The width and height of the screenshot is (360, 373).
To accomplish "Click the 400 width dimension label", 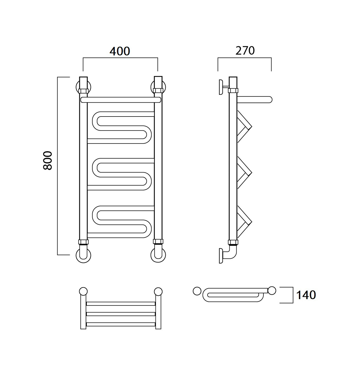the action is click(x=120, y=51).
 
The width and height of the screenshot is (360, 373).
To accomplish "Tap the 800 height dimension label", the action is click(x=47, y=161).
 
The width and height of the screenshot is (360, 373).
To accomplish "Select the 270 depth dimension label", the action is click(x=245, y=51).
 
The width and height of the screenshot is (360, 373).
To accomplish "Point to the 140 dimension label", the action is click(x=306, y=295).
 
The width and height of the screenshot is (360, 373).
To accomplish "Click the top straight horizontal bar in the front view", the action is click(x=121, y=100).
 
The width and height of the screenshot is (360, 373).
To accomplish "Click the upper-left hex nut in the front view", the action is click(x=83, y=91).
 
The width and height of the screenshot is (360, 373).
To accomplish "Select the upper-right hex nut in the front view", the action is click(x=158, y=91).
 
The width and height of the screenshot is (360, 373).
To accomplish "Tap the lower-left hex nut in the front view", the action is click(x=83, y=242).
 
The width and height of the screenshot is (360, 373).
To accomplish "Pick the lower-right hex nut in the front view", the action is click(x=158, y=241).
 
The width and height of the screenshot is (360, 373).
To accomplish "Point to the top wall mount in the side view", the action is click(x=224, y=87).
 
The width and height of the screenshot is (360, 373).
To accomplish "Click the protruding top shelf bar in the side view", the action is click(x=255, y=100).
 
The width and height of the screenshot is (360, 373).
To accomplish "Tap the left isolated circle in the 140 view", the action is click(x=197, y=291).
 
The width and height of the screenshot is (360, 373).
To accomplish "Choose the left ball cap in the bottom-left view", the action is click(x=83, y=292).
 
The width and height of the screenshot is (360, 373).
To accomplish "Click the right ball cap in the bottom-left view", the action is click(x=158, y=292).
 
